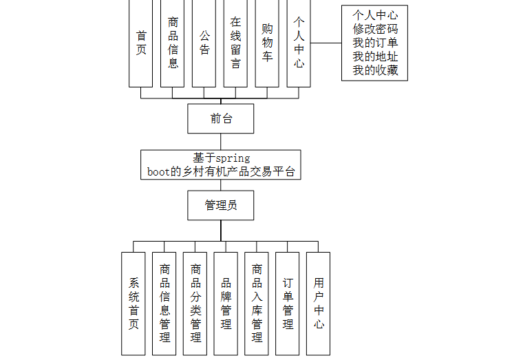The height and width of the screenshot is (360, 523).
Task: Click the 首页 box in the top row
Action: coord(141,43)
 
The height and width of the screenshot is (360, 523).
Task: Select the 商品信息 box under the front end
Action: coord(173,43)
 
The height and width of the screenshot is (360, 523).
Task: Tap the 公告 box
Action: coord(204,43)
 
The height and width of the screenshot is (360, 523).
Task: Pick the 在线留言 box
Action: coord(235,43)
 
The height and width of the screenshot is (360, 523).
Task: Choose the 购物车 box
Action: coord(267,43)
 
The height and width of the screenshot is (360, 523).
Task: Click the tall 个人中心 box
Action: coord(299,43)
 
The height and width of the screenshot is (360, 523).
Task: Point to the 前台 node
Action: coord(221,118)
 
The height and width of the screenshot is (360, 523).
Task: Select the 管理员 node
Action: coord(221,205)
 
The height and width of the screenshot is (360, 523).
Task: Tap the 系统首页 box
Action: coord(134,303)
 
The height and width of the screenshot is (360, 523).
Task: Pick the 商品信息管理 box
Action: coord(164,303)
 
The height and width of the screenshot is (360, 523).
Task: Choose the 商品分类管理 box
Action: coord(195,303)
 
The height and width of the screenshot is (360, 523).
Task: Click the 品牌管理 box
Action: coord(226,303)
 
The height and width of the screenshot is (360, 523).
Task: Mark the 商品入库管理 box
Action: coord(257,303)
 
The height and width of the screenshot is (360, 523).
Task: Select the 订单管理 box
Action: coord(288,303)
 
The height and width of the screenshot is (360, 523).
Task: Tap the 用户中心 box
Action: coord(318,303)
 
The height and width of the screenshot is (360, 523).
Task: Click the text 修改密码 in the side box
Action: coord(375,29)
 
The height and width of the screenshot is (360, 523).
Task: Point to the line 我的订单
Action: coord(375,43)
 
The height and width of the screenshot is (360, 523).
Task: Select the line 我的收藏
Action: coord(375,70)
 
